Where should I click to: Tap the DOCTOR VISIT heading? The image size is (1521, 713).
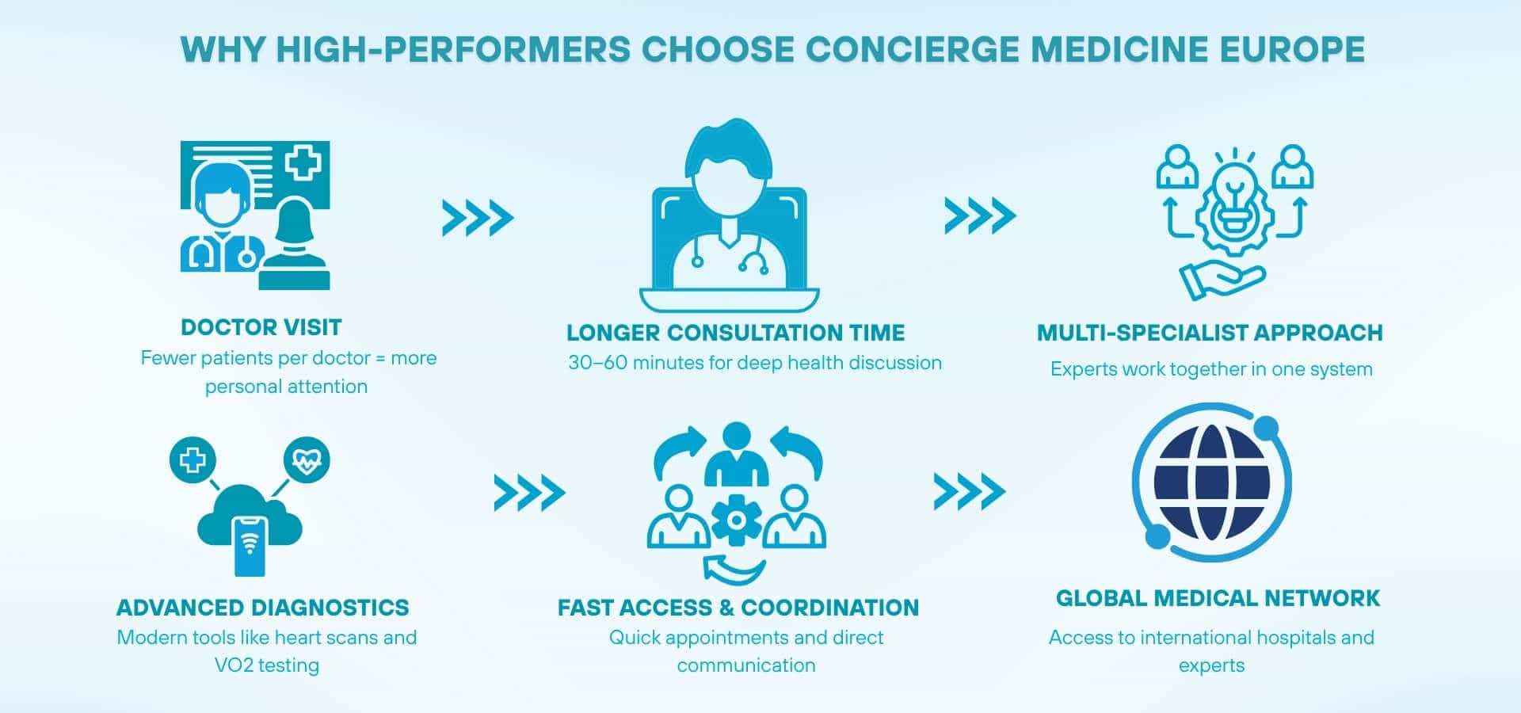pos(261,327)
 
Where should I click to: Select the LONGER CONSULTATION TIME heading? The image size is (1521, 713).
pos(735,333)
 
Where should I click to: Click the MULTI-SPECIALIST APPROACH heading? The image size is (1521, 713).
pos(1210,333)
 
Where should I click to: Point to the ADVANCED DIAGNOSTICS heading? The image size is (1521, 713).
pos(262,608)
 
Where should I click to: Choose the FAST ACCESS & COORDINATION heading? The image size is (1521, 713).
pos(738,608)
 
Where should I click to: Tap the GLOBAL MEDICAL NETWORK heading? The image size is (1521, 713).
pos(1218,598)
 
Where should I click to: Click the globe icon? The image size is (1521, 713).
pos(1211,482)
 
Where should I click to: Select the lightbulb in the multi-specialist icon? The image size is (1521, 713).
pos(1234,194)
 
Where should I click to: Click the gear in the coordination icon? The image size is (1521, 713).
pos(736,520)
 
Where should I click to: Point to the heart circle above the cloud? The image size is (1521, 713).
pos(307,460)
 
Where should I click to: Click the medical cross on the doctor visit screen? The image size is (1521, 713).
pos(303,163)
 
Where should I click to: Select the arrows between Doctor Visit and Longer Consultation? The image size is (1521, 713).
pos(478,218)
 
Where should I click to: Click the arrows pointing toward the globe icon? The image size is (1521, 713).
pos(969,492)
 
